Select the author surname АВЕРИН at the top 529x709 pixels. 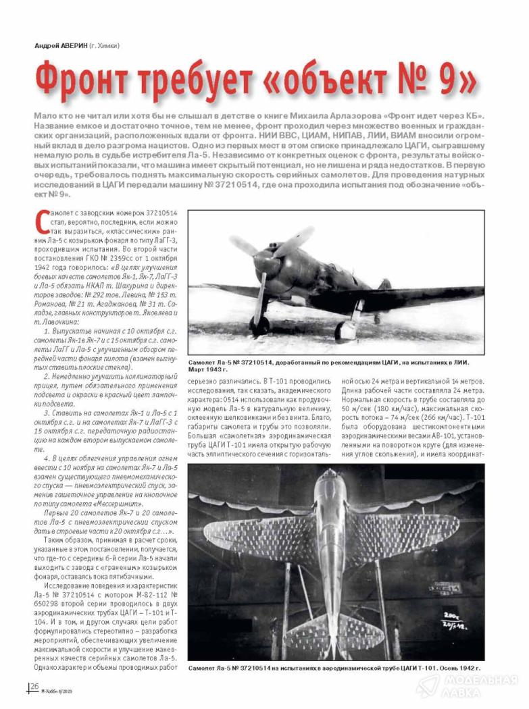coord(80,46)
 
